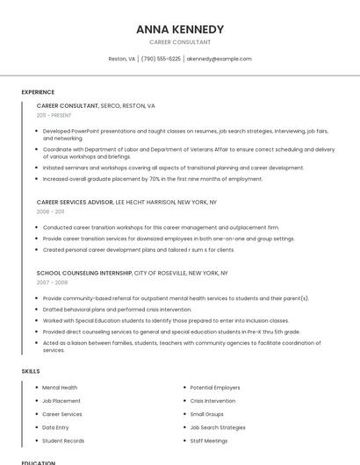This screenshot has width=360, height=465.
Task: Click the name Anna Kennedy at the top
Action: [x=180, y=29]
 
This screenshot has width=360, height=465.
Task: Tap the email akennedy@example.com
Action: [x=219, y=59]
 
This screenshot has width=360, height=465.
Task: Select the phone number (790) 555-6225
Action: [x=161, y=59]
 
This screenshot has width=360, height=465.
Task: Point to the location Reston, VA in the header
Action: [x=121, y=59]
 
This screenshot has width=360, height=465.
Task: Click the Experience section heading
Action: [x=38, y=92]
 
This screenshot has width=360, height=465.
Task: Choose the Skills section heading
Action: [x=31, y=371]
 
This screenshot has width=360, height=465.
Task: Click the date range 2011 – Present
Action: [x=54, y=115]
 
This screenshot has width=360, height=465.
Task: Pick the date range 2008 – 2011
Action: [x=50, y=211]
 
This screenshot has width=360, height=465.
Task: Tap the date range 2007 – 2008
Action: [x=52, y=283]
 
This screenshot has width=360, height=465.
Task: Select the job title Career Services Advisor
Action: [x=76, y=202]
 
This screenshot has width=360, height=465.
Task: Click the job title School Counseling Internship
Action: [x=84, y=273]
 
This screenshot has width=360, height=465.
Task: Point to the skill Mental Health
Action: [x=60, y=387]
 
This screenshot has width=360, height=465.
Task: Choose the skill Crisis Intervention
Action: [x=212, y=400]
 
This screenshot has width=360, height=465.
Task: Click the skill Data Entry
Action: [x=56, y=427]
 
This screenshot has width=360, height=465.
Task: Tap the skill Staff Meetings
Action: [x=209, y=440]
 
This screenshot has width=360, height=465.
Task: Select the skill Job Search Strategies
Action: [x=218, y=427]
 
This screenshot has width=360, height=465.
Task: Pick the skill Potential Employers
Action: [x=215, y=387]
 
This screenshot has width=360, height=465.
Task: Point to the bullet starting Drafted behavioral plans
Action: [x=117, y=309]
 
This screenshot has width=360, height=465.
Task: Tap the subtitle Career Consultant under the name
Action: [x=180, y=42]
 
